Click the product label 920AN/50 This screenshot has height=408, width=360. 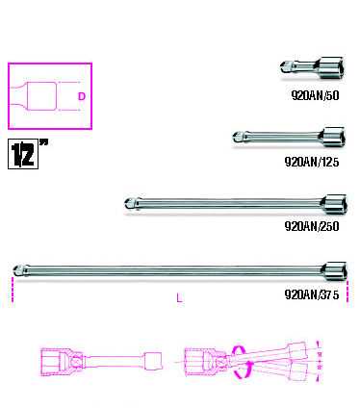click(x=315, y=95)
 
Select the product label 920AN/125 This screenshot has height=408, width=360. click(x=312, y=162)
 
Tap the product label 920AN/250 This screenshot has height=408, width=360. click(x=312, y=226)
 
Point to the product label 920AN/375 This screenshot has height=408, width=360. click(x=312, y=294)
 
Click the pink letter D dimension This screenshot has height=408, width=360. click(x=82, y=96)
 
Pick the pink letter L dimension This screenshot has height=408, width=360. click(x=179, y=298)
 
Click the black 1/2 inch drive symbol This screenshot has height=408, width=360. click(x=23, y=154)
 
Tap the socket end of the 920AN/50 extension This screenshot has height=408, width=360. click(x=332, y=66)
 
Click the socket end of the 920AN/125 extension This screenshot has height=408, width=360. click(x=333, y=137)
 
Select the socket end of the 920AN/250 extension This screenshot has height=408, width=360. click(x=334, y=204)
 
